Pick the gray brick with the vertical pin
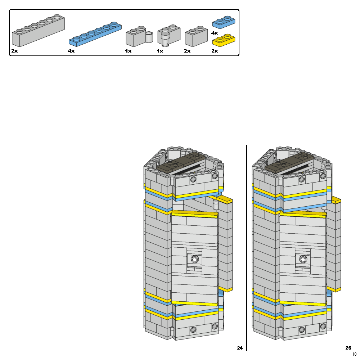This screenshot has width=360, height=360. [x=168, y=36]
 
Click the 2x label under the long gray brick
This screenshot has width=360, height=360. [x=14, y=51]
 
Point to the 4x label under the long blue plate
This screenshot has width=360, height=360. [x=71, y=51]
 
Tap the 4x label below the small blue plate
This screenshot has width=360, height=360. [x=215, y=33]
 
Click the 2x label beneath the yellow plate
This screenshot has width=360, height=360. [x=215, y=51]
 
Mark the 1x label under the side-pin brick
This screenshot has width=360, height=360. [x=128, y=51]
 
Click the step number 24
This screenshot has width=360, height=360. [x=240, y=348]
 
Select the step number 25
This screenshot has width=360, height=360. [x=348, y=348]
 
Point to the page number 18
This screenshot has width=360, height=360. [x=354, y=354]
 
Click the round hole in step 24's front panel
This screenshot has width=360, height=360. [x=194, y=259]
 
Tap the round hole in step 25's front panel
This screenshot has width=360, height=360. [x=303, y=259]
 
